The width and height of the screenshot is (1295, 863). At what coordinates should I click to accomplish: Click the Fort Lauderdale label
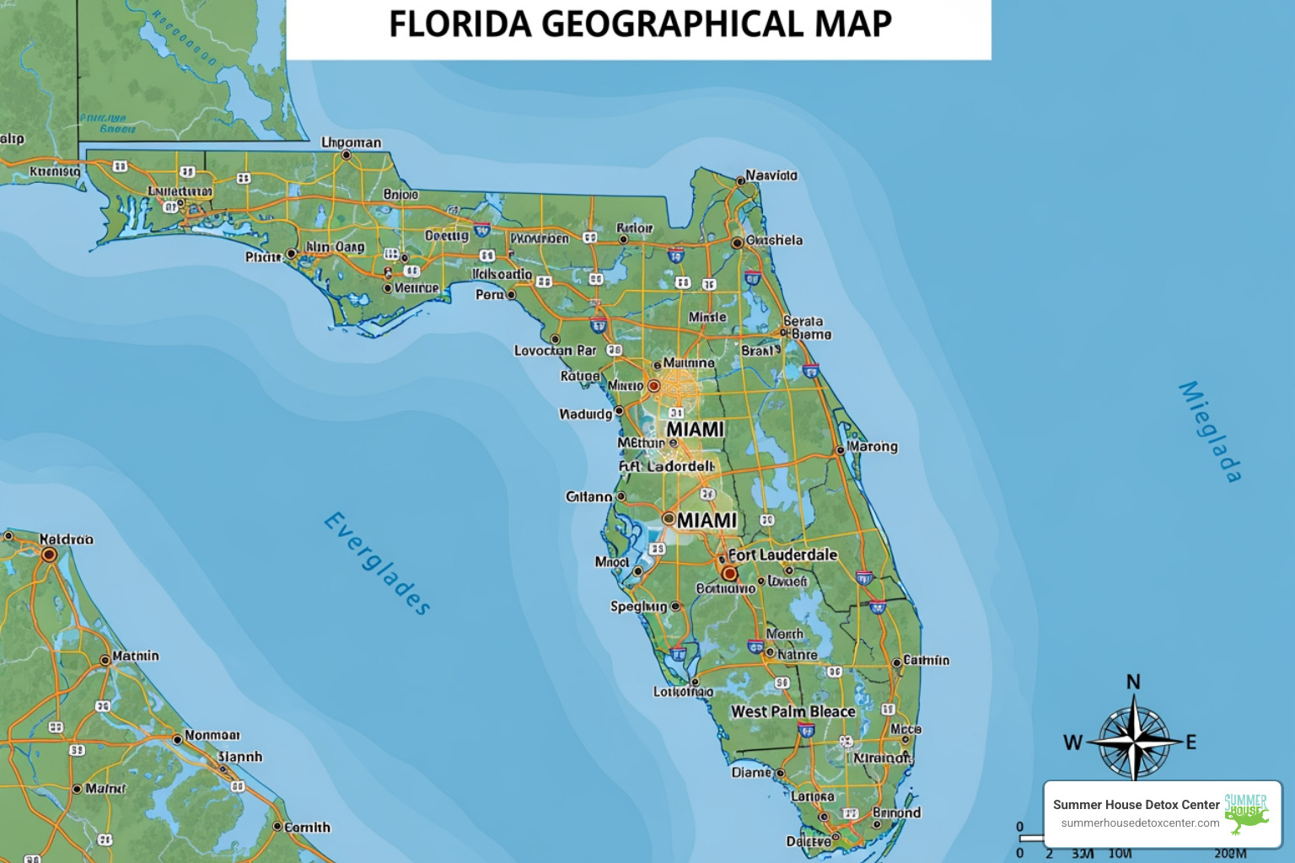pos(782,555)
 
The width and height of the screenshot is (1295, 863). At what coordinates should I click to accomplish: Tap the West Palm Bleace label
pos(793,711)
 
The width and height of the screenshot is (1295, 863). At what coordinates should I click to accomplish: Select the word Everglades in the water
pos(377,564)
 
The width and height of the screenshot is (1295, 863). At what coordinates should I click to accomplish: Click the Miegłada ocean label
pos(1210,431)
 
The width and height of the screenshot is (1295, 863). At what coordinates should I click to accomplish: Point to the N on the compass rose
pos(1133,682)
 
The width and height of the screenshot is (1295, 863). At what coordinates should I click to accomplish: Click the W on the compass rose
pos(1072,742)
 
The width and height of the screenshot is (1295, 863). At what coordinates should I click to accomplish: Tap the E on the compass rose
pos(1191,742)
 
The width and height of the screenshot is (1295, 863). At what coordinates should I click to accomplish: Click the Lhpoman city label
pos(352,142)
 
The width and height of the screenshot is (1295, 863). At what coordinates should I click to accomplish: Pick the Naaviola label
pos(771,175)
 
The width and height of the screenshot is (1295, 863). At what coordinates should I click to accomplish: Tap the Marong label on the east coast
pos(873,446)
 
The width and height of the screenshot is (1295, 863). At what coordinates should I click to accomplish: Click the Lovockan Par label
pos(555,350)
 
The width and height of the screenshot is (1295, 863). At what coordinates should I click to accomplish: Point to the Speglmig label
pos(638,606)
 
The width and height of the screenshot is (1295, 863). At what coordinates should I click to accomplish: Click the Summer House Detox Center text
pos(1136,805)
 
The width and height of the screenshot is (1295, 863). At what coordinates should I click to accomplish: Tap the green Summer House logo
pos(1246,812)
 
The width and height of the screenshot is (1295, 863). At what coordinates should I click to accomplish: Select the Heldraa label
pos(66,539)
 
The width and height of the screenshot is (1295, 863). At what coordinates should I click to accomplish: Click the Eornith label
pos(307,828)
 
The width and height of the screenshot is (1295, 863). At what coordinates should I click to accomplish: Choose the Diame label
pos(751,772)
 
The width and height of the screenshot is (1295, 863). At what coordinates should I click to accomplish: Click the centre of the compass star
pos(1134,742)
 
